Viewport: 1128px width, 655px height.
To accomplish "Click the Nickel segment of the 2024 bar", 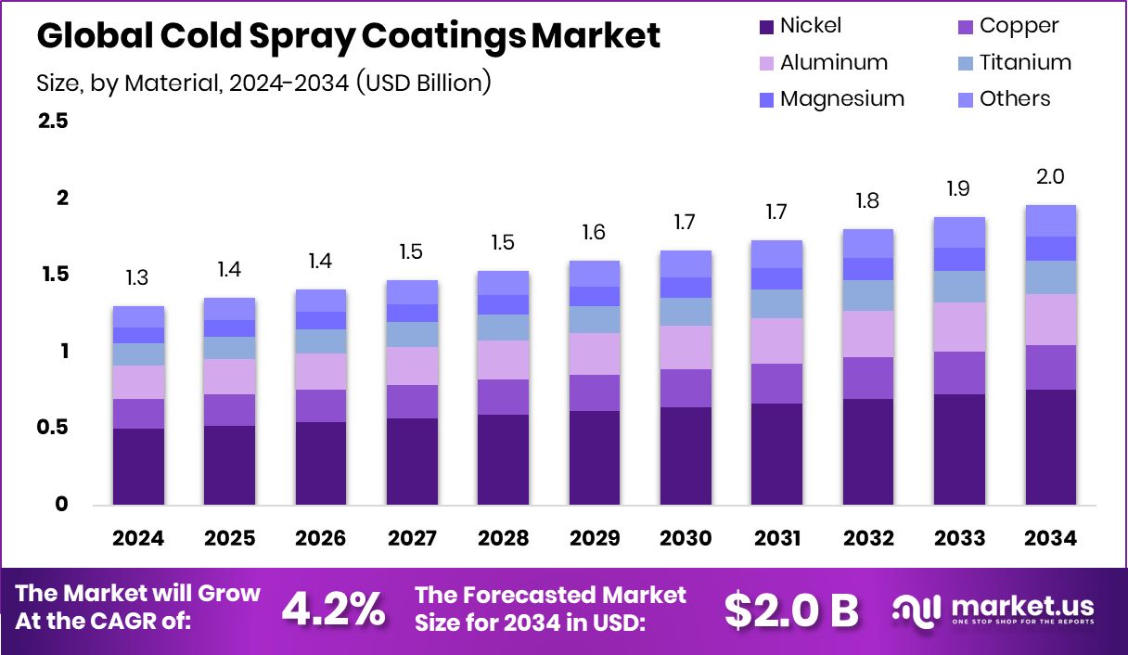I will click(x=138, y=467).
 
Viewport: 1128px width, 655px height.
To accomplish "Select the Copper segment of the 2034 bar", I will click(x=1050, y=367).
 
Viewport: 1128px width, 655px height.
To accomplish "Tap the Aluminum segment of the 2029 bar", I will click(x=595, y=353).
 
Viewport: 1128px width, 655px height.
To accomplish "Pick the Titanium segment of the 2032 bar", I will click(x=867, y=295).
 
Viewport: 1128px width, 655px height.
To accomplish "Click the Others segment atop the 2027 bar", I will click(x=412, y=292).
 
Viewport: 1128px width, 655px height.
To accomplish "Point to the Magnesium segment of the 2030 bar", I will click(x=686, y=288).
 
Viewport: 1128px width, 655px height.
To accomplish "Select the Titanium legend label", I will click(x=1025, y=62).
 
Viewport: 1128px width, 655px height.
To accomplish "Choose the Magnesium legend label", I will click(x=841, y=98).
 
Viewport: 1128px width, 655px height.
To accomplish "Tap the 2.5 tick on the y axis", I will click(x=53, y=122).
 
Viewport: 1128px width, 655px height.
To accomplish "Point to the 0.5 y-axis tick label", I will click(x=53, y=428).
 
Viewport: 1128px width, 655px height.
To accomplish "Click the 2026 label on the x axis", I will click(x=321, y=539).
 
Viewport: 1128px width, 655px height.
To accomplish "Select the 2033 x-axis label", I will click(x=959, y=539).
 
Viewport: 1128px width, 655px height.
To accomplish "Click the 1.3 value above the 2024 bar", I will click(x=138, y=277).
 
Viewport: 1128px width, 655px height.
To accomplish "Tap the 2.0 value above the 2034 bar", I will click(x=1050, y=176).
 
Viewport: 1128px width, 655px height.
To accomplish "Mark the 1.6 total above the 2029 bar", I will click(x=595, y=232).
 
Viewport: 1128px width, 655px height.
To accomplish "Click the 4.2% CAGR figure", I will click(x=333, y=609).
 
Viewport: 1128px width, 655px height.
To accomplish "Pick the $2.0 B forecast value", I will click(x=791, y=609).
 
